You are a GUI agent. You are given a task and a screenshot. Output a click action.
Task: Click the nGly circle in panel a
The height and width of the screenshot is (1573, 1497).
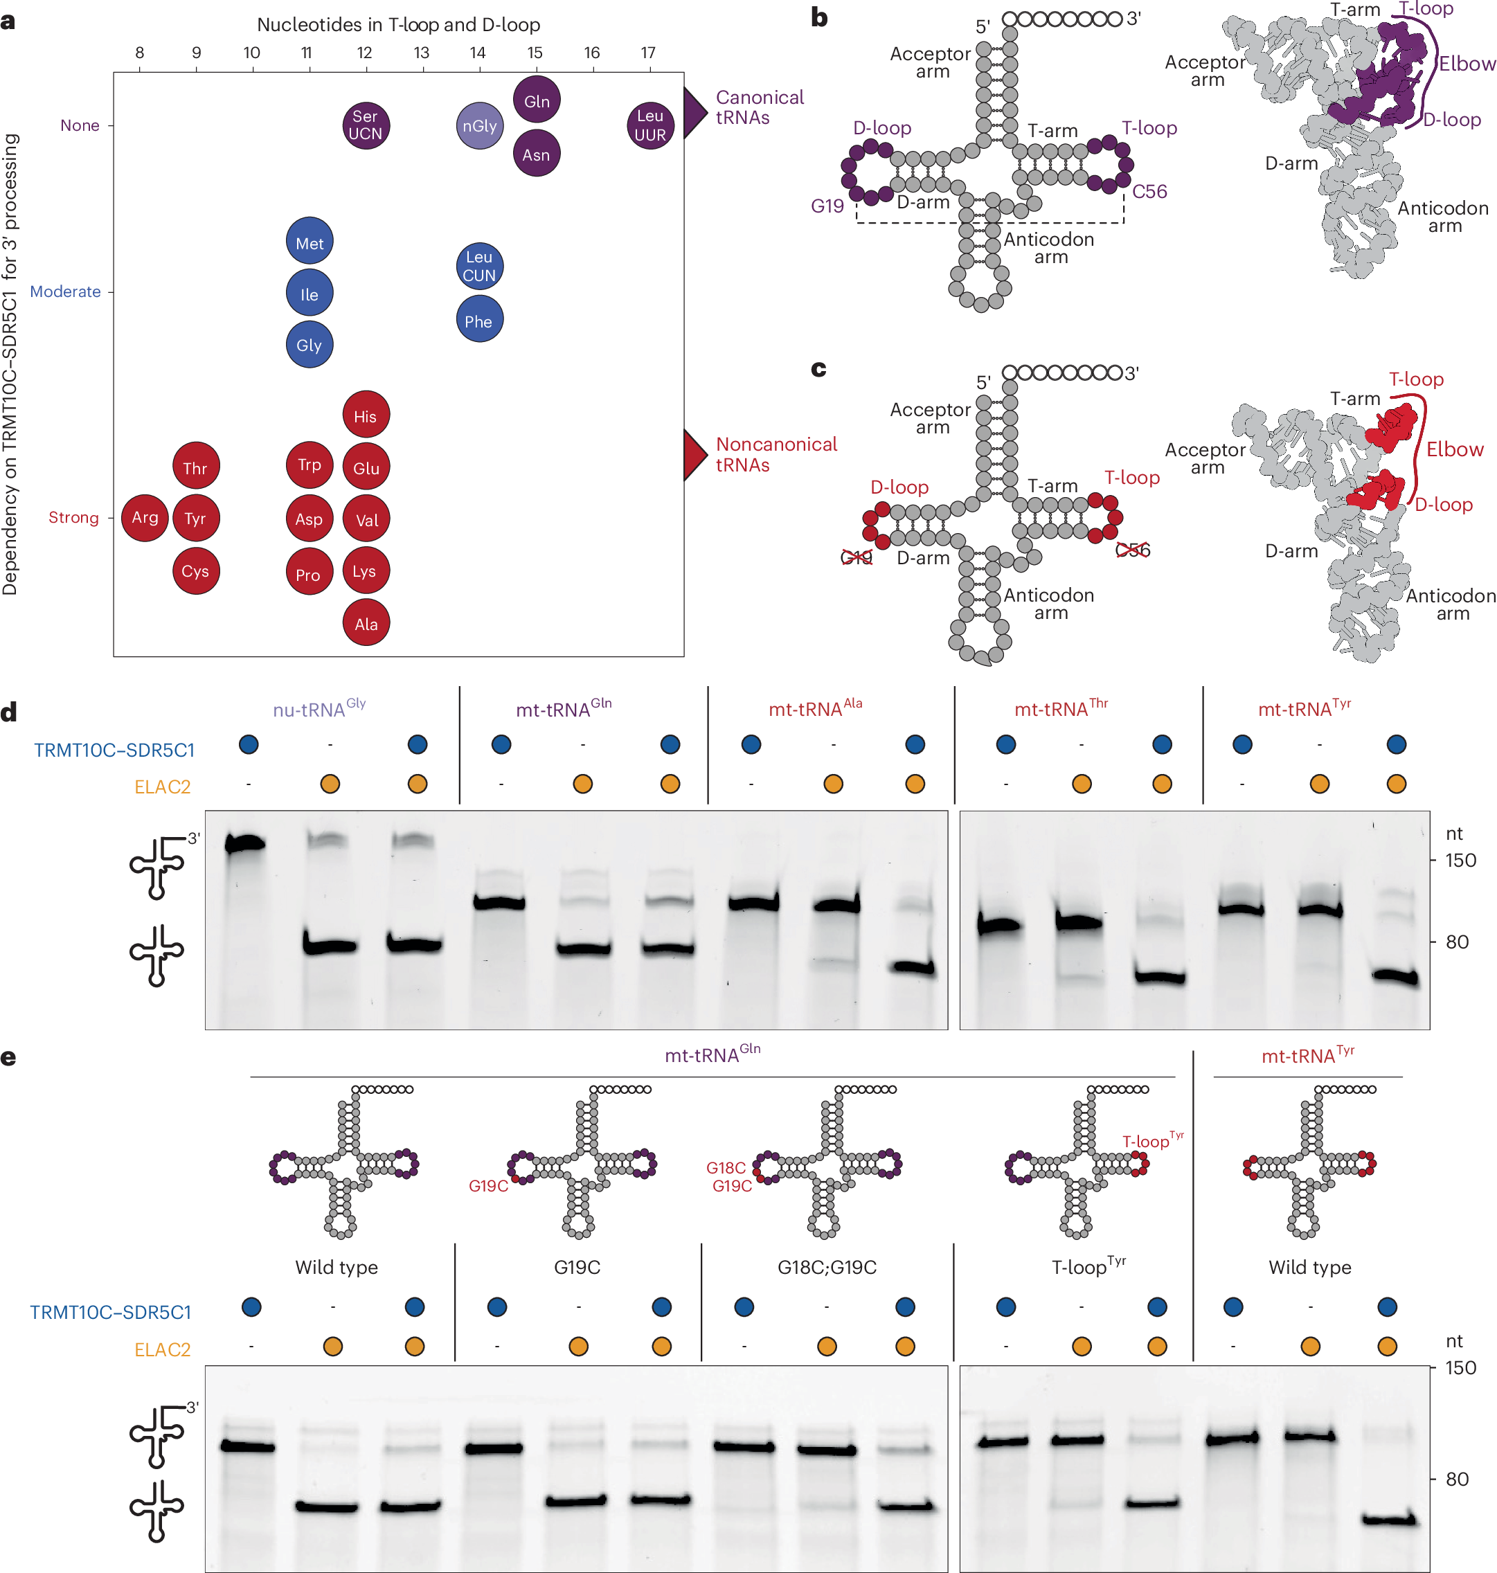480,126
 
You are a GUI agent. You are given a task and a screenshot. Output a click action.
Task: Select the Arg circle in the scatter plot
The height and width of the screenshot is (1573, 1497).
145,517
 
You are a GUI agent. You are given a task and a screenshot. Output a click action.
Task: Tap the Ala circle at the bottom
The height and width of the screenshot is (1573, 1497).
366,623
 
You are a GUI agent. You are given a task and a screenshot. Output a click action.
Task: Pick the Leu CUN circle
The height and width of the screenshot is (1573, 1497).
480,267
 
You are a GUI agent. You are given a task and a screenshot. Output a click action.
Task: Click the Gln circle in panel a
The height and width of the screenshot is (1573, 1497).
536,101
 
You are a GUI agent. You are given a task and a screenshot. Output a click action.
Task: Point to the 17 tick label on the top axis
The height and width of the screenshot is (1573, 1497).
648,53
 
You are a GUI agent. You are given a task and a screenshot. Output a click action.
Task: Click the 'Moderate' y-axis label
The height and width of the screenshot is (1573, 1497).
66,292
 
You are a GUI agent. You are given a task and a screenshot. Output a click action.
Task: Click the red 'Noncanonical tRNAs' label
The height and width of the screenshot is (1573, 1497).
776,455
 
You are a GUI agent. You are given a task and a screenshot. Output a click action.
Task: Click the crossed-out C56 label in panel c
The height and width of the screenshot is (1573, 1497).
1132,550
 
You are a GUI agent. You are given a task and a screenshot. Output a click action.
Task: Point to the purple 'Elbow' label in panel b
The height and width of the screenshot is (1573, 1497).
1467,64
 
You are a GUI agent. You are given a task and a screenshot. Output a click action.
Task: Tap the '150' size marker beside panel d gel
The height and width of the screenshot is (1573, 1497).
1460,861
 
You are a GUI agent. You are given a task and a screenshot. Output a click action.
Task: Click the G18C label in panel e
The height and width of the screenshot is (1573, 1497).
726,1167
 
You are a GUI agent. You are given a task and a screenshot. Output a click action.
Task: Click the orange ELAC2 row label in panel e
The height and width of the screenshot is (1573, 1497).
162,1349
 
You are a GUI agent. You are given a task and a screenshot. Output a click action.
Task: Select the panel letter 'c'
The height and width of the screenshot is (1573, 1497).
818,370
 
